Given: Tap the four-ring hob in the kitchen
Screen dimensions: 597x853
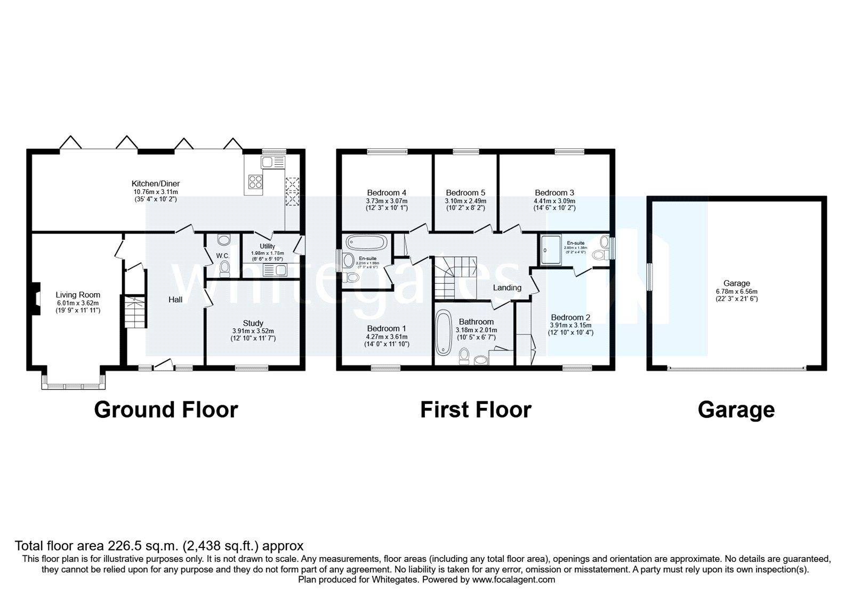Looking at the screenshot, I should pos(255,182).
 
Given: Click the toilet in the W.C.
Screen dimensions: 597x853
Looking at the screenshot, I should pos(224,267).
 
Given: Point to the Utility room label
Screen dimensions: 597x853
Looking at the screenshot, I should pos(267,246).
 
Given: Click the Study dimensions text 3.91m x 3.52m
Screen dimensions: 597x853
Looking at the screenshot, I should pos(253,331).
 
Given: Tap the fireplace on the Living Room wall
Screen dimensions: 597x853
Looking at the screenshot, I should pos(36,299).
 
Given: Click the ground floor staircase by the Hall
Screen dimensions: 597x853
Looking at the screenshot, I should pos(134,313).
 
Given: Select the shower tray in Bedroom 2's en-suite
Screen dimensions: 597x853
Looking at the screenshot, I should pos(551,250).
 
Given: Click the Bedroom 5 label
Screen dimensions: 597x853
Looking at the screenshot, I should pos(465,192).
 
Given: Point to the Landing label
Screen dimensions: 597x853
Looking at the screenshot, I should pos(507,288).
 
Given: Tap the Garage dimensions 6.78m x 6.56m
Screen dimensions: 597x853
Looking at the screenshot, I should pos(736,292).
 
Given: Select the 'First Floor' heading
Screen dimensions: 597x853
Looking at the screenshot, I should pos(476,410).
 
